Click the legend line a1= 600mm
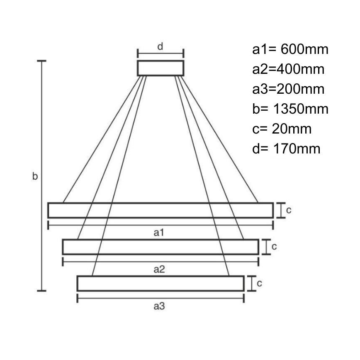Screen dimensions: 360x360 pyautogui.click(x=290, y=50)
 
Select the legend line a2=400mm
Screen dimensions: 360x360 pyautogui.click(x=288, y=69)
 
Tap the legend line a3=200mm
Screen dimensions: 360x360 pyautogui.click(x=288, y=89)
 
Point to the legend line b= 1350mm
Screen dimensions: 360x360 pyautogui.click(x=290, y=109)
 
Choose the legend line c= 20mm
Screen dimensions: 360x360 pyautogui.click(x=281, y=129)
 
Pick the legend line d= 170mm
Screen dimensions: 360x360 pyautogui.click(x=286, y=148)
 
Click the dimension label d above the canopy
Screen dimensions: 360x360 pyautogui.click(x=160, y=46)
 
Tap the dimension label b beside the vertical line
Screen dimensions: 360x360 pyautogui.click(x=35, y=177)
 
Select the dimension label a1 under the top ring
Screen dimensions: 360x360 pyautogui.click(x=160, y=233)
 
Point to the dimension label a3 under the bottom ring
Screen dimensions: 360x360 pyautogui.click(x=160, y=306)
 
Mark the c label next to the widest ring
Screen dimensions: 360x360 pyautogui.click(x=289, y=210)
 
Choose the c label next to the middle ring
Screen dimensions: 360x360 pyautogui.click(x=274, y=246)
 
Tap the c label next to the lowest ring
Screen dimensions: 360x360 pyautogui.click(x=259, y=283)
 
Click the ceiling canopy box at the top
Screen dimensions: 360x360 pyautogui.click(x=161, y=68)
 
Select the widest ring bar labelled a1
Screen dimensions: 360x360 pyautogui.click(x=161, y=210)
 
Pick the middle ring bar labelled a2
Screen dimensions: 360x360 pyautogui.click(x=161, y=247)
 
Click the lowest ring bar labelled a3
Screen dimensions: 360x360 pyautogui.click(x=161, y=283)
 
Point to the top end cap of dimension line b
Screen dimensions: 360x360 pyautogui.click(x=41, y=61)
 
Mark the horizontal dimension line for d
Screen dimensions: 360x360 pyautogui.click(x=161, y=53)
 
